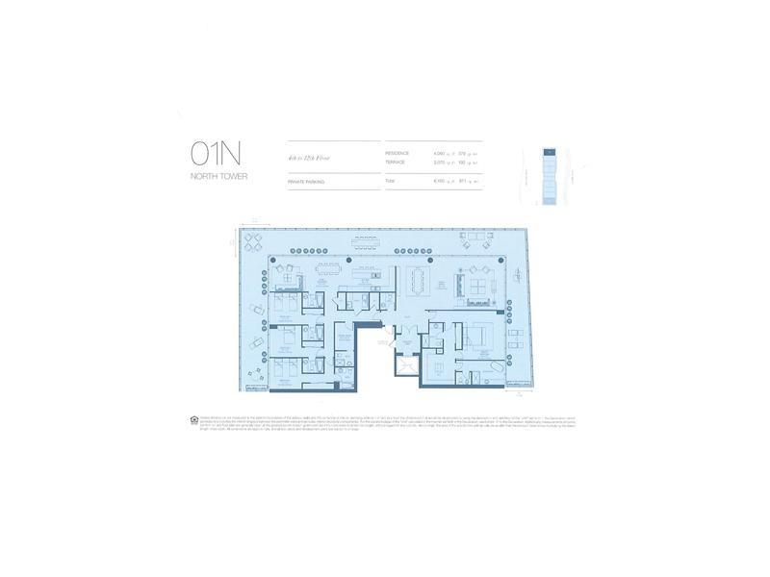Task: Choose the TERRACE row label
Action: pos(396,163)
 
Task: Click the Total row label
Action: pos(391,181)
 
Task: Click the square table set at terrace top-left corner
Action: pos(253,241)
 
